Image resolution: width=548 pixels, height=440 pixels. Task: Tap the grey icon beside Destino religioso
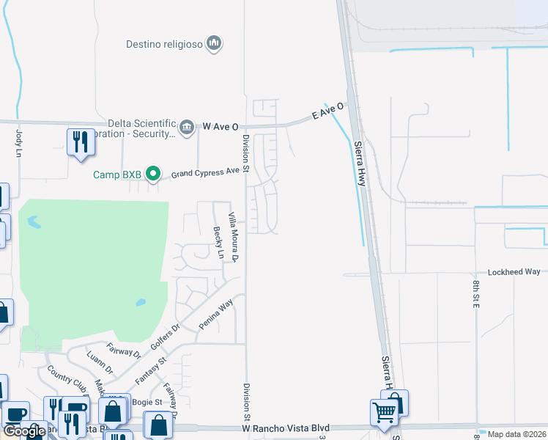214,44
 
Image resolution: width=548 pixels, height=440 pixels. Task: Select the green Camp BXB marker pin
153,174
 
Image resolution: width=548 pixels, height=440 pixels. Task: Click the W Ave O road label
221,126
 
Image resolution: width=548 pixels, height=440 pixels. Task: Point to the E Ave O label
327,112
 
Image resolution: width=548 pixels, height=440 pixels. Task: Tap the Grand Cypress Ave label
205,173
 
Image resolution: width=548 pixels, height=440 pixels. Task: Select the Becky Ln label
218,243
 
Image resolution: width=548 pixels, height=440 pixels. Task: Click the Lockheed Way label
514,271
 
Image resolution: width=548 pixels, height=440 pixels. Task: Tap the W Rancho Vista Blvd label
286,428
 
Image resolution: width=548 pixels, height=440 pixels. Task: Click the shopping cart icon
384,413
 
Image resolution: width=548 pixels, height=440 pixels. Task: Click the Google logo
24,431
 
